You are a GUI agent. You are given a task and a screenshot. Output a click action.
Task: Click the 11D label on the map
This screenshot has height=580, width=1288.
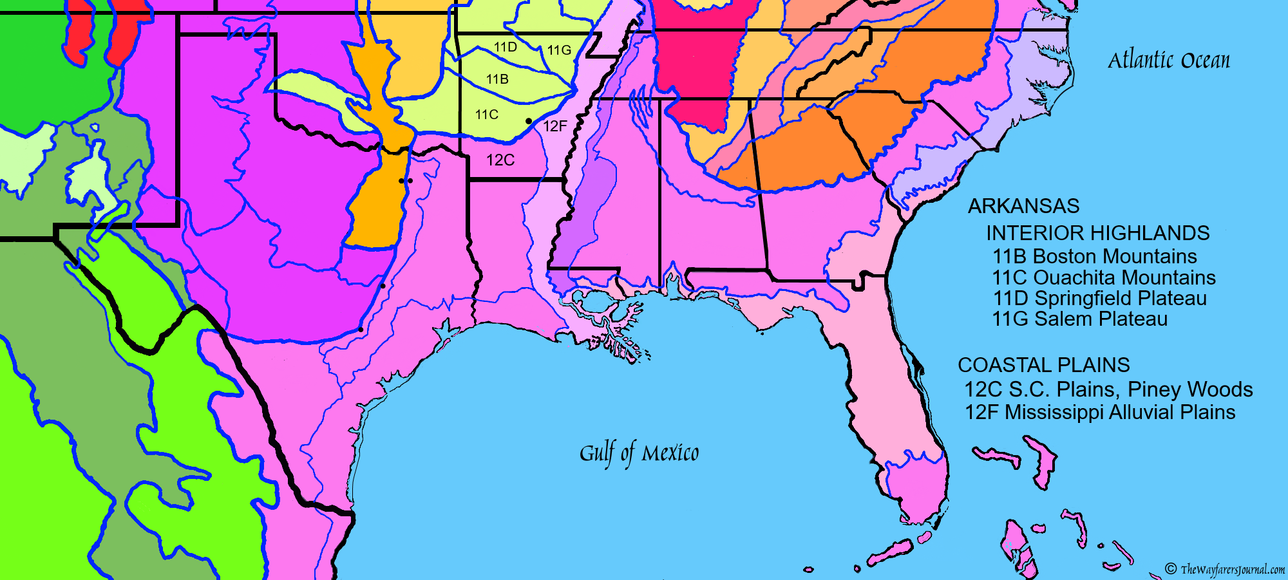point(506,47)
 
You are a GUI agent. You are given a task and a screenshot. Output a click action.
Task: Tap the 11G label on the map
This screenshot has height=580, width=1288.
point(559,50)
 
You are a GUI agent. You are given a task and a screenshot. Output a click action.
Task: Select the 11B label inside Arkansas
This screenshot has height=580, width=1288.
point(497,79)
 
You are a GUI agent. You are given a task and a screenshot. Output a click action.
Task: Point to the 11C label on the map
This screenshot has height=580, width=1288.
point(487,115)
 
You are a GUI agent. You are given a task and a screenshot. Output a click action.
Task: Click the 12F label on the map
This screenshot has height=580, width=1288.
point(555,126)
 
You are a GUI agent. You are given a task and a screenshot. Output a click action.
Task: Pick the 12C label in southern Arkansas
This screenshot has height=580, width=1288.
point(500,160)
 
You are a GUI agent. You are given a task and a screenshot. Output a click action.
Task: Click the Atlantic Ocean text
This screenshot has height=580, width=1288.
point(1168,61)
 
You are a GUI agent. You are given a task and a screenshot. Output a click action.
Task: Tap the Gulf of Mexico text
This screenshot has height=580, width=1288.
point(639,453)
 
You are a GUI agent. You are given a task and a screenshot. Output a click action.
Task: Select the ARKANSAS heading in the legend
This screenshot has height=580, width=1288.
point(1023,206)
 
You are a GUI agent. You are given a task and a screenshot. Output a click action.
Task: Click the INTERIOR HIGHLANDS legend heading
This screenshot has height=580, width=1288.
point(1097,233)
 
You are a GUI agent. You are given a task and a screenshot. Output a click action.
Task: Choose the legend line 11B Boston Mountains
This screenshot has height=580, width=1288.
point(1094,256)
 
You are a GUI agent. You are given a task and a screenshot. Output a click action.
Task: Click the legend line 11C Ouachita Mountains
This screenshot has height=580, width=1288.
point(1103,277)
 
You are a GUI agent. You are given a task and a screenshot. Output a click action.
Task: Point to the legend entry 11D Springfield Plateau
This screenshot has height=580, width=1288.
point(1099,298)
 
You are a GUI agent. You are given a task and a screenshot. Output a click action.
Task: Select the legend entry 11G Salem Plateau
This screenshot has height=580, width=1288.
point(1079,319)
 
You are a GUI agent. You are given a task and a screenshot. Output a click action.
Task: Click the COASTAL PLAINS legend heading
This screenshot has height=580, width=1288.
point(1043,365)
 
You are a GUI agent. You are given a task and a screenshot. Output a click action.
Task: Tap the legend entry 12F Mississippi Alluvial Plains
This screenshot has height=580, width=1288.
point(1099,412)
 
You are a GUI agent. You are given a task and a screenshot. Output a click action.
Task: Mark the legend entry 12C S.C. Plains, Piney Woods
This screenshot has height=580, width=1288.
point(1108,389)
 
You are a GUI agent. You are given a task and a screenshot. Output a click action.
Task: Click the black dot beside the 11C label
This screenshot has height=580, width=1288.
point(529,121)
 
